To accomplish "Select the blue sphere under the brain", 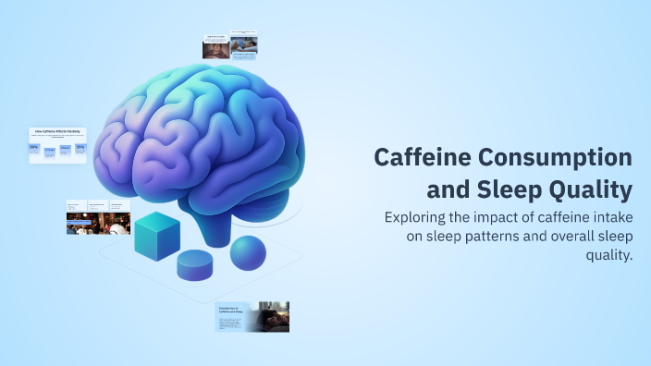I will click(248, 253).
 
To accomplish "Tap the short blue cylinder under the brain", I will click(197, 265).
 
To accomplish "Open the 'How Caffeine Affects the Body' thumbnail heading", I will click(57, 131).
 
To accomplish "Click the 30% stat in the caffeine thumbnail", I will click(34, 147).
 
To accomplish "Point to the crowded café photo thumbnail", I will click(97, 223).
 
